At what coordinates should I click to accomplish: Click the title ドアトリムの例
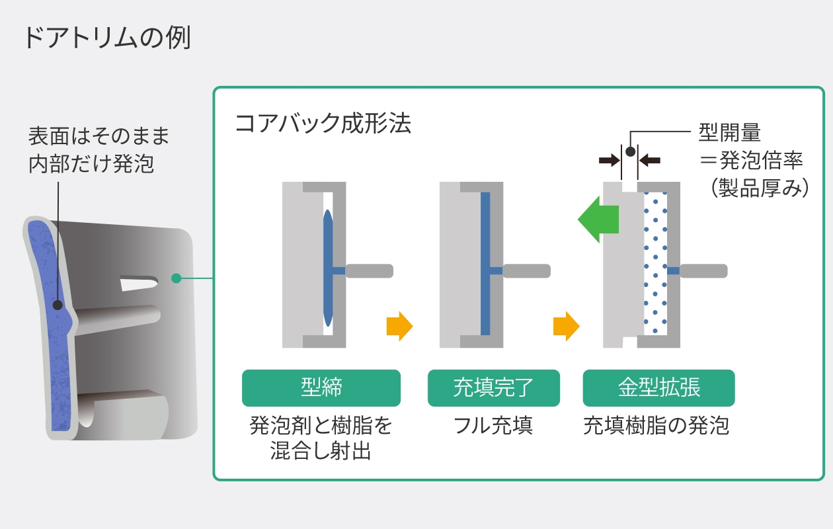106,38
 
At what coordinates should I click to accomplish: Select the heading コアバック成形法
323,124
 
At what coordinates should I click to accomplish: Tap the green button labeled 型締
321,387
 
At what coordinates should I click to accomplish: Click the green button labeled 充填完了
493,387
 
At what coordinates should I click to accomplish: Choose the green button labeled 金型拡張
658,387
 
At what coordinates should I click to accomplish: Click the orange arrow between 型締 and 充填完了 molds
399,326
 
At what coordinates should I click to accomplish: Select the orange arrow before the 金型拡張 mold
566,326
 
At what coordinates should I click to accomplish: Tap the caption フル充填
493,426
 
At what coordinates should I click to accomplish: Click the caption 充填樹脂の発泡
656,426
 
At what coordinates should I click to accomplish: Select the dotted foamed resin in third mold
655,264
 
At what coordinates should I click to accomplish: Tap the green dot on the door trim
176,278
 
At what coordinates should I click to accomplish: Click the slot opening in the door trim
139,283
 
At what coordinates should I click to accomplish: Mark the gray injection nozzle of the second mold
526,270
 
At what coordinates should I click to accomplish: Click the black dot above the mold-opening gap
630,151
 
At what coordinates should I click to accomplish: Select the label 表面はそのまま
99,136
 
